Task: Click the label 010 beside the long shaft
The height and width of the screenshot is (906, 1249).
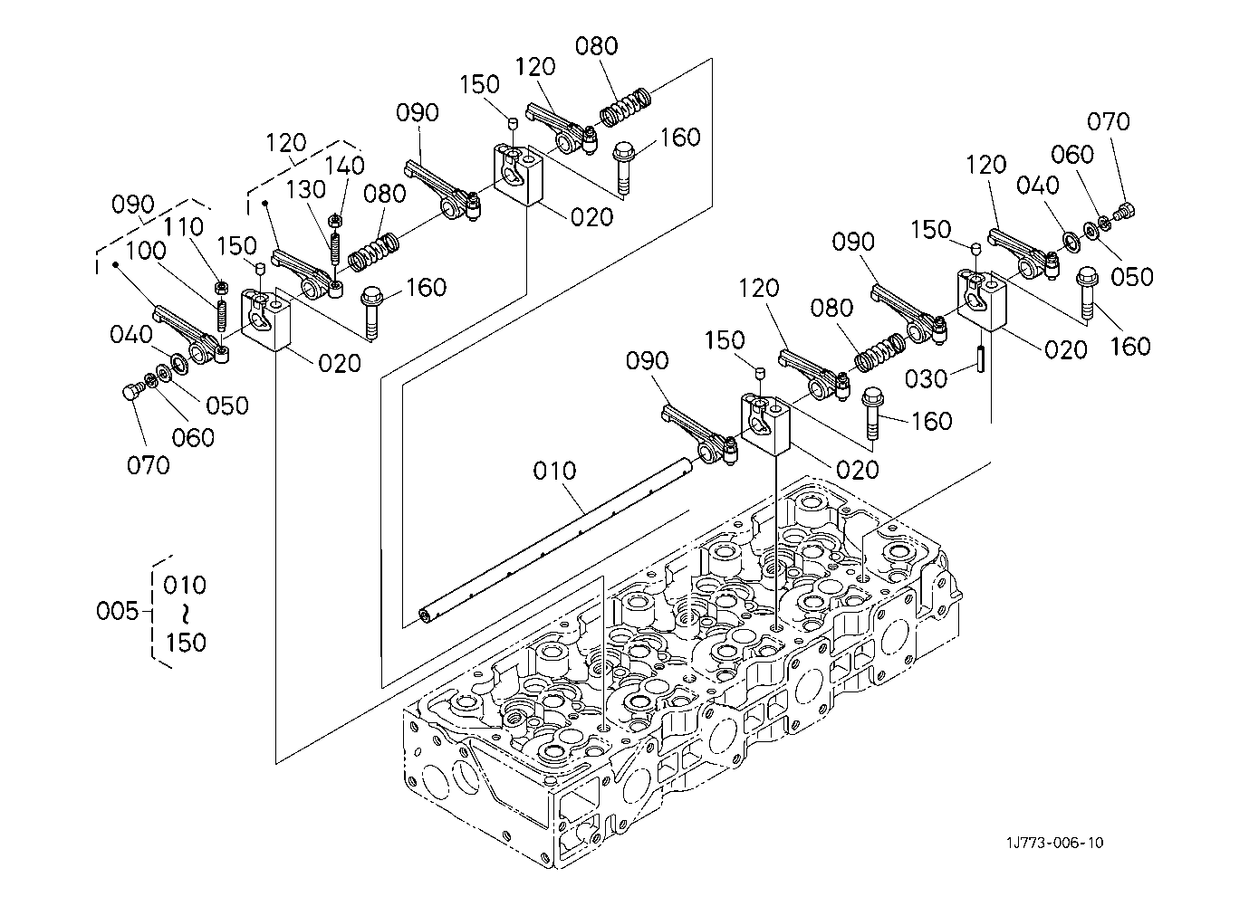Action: pos(554,471)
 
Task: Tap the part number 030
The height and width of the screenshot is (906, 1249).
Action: pos(926,378)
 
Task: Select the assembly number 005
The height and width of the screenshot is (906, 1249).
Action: pos(116,612)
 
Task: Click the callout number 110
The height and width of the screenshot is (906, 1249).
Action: pos(184,226)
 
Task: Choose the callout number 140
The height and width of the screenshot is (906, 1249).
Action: pos(345,166)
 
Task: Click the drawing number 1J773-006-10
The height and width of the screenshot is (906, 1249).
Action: pos(1053,843)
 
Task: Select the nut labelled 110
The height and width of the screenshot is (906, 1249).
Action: pos(219,287)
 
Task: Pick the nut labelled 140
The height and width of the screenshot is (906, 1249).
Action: pos(334,219)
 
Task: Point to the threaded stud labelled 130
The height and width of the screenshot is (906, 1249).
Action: pos(335,246)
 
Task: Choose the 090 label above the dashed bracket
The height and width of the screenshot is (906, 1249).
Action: pos(133,204)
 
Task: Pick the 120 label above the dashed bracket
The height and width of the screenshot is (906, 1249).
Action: pos(286,143)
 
